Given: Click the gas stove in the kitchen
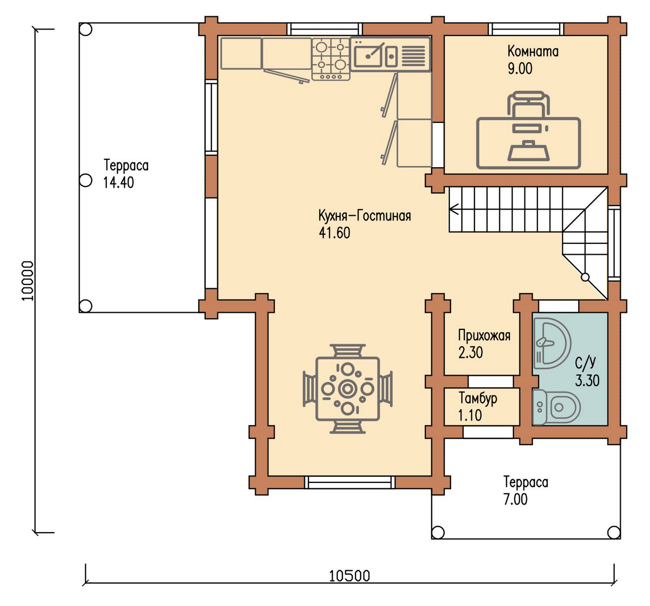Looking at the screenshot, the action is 331,59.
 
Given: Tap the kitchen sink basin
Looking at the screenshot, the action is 368,56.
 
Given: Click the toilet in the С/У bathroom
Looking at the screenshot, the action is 556,408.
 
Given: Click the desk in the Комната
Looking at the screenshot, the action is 528,143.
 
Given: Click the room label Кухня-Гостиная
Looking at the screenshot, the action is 364,216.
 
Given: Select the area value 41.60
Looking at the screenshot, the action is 335,233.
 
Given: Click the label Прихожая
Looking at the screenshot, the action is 484,336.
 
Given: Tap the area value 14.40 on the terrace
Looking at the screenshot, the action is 118,183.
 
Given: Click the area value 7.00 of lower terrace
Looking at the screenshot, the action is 516,499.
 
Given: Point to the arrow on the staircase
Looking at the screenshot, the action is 454,209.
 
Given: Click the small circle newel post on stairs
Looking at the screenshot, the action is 585,278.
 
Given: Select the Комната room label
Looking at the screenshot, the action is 533,52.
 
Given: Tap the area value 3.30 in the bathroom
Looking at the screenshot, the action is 588,381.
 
